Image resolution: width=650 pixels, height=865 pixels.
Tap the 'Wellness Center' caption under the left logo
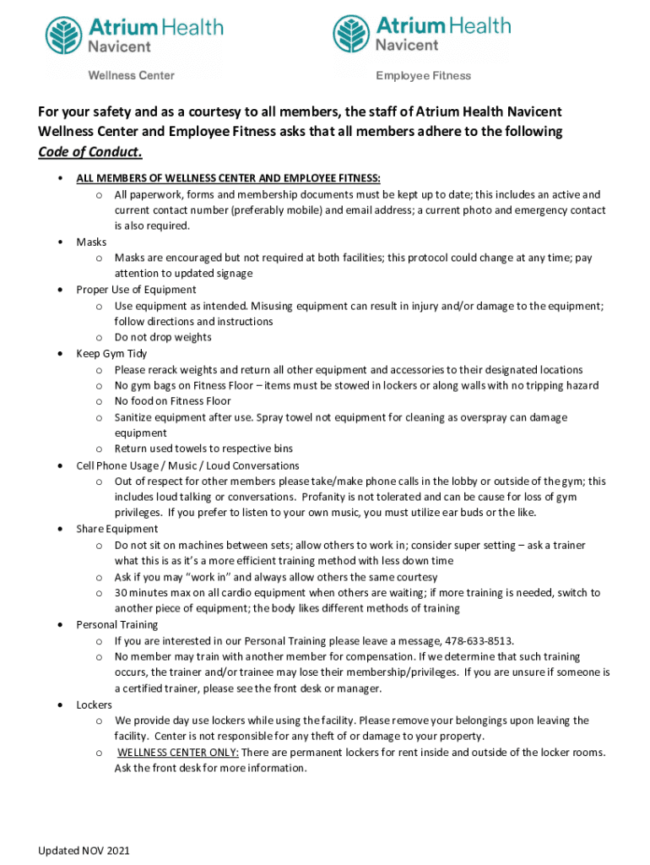point(132,76)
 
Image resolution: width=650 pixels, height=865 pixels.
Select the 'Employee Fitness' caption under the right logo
point(423,76)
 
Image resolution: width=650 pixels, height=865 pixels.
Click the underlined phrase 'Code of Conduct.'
point(90,153)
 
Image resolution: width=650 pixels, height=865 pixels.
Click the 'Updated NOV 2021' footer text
point(84,851)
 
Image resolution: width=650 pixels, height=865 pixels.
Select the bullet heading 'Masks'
point(91,242)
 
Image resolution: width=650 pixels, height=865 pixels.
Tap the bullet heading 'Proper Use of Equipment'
point(136,290)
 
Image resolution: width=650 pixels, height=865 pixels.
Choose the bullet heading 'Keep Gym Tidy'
point(111,354)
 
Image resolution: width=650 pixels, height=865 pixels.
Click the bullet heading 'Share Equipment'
point(117,530)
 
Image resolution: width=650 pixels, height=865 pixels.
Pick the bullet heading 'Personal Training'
point(118,625)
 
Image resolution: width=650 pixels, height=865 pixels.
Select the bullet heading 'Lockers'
point(94,705)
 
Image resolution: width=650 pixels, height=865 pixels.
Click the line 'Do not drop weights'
point(163,338)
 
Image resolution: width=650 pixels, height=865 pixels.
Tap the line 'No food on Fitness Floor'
point(172,401)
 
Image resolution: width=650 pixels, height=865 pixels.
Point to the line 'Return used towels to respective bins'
point(203,449)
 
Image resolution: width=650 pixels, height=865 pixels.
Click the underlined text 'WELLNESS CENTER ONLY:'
point(178,753)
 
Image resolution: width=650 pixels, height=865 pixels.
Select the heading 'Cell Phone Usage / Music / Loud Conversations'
point(187,465)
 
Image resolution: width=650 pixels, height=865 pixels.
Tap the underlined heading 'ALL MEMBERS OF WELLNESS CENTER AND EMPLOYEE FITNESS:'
point(228,178)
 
